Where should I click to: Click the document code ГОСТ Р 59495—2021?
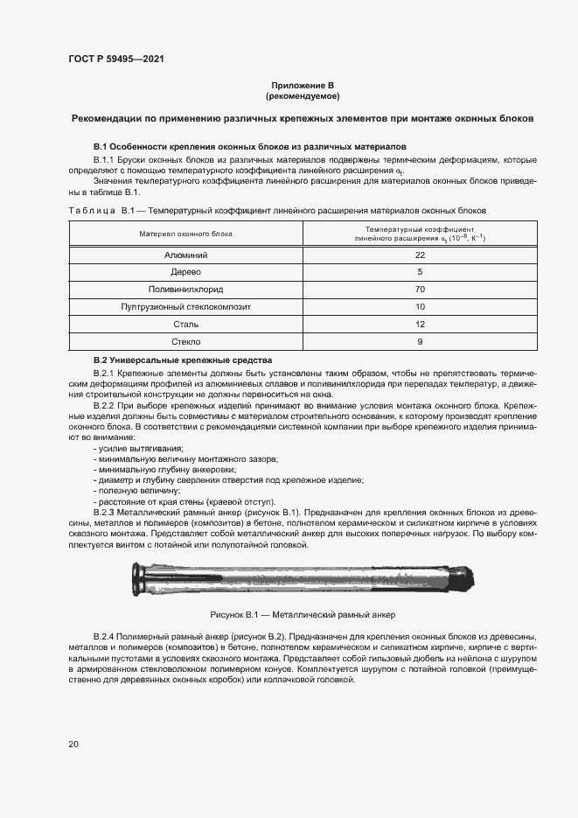coord(116,59)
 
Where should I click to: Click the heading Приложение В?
coord(302,84)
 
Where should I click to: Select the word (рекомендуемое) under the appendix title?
coord(302,95)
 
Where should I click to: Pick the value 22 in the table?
coord(420,255)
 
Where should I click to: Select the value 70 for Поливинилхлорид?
coord(420,290)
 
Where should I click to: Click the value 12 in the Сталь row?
coord(420,325)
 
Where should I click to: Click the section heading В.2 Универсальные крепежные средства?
coord(183,360)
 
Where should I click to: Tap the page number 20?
coord(73,744)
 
